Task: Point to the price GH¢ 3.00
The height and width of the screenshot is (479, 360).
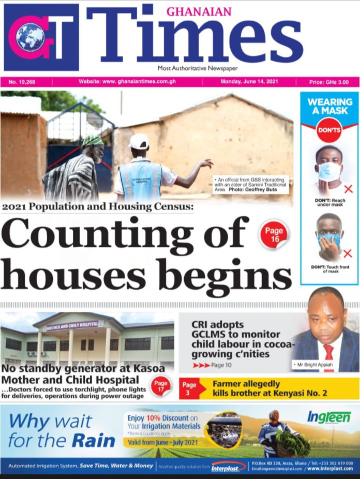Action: click(328, 82)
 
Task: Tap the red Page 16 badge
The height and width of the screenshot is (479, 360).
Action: click(274, 233)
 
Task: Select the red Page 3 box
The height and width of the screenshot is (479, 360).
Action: click(189, 388)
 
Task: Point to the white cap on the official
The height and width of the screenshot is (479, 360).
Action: click(139, 141)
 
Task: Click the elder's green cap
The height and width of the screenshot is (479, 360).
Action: click(93, 140)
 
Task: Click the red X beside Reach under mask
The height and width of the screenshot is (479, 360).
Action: click(348, 189)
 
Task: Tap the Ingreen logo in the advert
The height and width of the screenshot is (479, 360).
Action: click(329, 417)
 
